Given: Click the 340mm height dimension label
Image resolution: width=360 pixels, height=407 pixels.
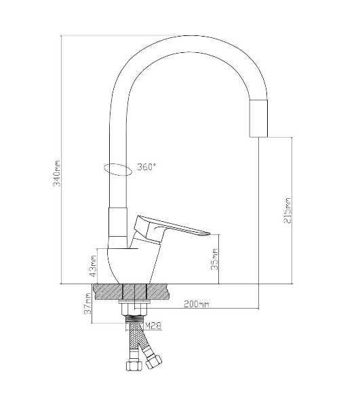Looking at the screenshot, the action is click(x=57, y=174).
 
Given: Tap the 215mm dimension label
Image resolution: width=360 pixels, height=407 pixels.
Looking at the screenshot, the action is click(x=287, y=210).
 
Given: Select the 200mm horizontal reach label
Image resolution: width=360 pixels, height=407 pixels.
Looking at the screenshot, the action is click(x=197, y=304).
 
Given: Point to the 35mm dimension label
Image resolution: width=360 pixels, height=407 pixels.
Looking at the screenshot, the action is click(x=215, y=260).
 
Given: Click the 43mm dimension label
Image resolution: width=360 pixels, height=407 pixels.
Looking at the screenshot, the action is click(x=93, y=267).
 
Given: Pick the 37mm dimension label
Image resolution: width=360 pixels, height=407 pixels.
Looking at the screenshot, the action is click(x=87, y=303).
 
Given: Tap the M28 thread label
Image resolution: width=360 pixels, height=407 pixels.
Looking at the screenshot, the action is click(x=153, y=325).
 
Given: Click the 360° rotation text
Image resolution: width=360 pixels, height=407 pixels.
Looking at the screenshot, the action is click(x=146, y=167).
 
